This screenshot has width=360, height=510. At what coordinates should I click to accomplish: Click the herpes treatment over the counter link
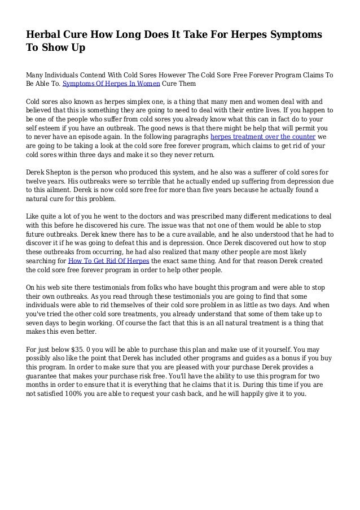tap(263, 136)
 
